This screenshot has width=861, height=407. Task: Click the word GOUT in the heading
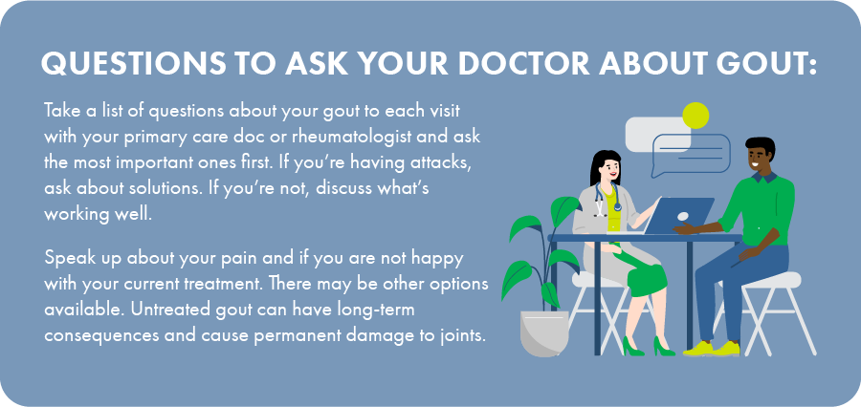764,64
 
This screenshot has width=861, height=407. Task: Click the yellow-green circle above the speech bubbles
695,116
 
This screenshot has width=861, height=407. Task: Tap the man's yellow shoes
712,349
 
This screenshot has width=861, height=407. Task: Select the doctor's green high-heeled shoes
648,347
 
